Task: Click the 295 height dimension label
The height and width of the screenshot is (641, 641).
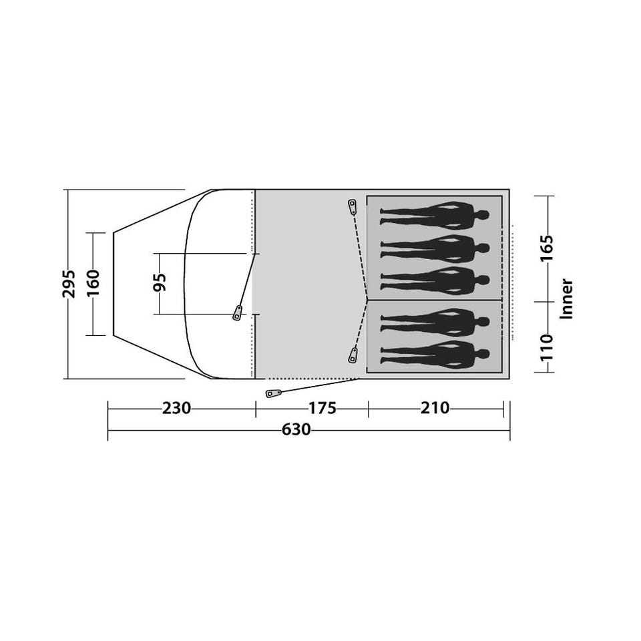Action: (69, 284)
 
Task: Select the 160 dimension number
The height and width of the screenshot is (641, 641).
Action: (93, 284)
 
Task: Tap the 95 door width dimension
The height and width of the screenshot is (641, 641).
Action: (160, 282)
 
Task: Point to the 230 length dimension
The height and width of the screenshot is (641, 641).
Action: (176, 408)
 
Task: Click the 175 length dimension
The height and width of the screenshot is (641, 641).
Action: (322, 408)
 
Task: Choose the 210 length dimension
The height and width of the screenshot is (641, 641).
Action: (435, 408)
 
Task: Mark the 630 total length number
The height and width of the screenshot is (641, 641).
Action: (296, 429)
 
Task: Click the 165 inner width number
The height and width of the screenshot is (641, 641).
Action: (547, 248)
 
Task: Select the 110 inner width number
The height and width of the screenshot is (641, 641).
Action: (547, 347)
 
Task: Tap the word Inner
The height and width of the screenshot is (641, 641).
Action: (567, 298)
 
